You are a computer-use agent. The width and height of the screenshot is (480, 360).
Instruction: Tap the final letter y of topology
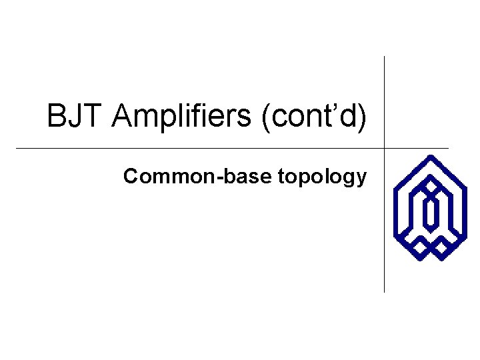click(x=361, y=180)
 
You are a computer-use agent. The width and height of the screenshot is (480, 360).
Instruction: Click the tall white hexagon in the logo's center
click(x=431, y=212)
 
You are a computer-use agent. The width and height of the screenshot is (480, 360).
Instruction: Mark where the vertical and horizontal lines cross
click(x=385, y=147)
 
